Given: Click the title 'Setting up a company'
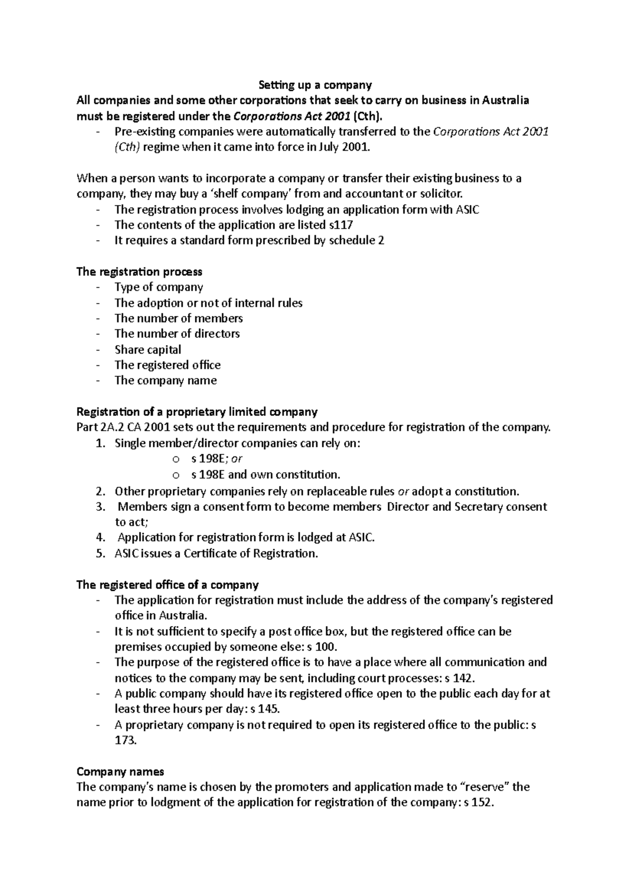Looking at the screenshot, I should [x=315, y=85].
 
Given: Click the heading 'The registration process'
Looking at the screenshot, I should [x=139, y=272].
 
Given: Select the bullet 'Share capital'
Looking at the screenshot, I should [x=147, y=350].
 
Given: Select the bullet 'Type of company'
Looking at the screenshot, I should [x=159, y=287].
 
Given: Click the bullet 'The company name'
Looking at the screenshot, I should [x=165, y=381].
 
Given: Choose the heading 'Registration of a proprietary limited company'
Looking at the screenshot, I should [x=197, y=412].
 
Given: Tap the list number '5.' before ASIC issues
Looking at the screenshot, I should [x=101, y=553].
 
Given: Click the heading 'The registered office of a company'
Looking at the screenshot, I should [x=167, y=585].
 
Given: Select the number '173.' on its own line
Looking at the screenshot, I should [x=125, y=741].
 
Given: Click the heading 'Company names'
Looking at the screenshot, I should [x=120, y=772].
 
